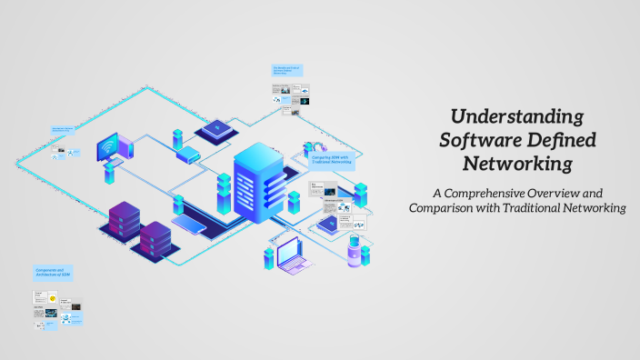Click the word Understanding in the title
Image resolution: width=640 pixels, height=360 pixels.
point(517,117)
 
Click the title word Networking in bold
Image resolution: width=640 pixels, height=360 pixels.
point(517,165)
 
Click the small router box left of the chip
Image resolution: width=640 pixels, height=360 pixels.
point(187,154)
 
